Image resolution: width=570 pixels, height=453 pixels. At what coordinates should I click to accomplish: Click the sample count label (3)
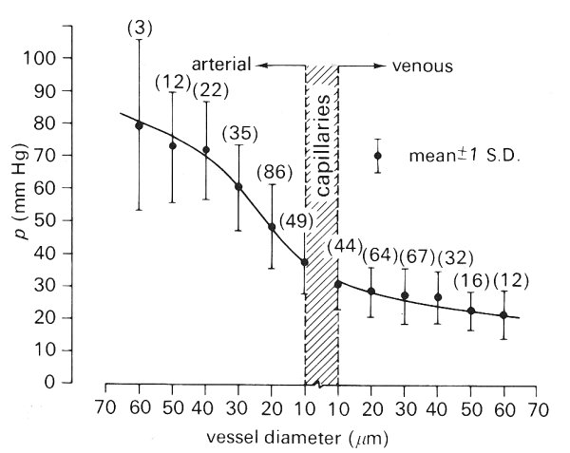point(140,29)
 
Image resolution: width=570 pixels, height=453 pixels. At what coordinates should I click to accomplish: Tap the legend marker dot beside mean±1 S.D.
point(377,156)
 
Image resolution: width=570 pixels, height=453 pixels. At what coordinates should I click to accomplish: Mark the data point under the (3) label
point(140,125)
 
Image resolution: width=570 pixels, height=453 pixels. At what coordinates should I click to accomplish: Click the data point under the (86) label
point(272,227)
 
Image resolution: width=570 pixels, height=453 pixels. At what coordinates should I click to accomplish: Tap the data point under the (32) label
point(438,297)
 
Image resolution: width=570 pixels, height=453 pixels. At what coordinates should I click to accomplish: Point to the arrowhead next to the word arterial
point(259,66)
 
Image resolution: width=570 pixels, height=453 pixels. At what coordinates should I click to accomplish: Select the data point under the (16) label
point(471,311)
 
